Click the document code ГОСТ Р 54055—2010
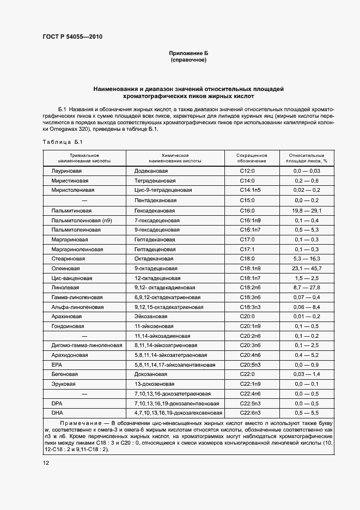coord(72,37)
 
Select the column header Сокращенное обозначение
coord(252,158)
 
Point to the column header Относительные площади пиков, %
coord(306,158)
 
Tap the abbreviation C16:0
coord(247,210)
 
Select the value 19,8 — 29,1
coord(307,210)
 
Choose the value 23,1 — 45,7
coord(307,269)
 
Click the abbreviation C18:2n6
coord(250,288)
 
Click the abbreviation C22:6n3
coord(250,414)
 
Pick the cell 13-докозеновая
coord(154,384)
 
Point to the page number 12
coord(46,463)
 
